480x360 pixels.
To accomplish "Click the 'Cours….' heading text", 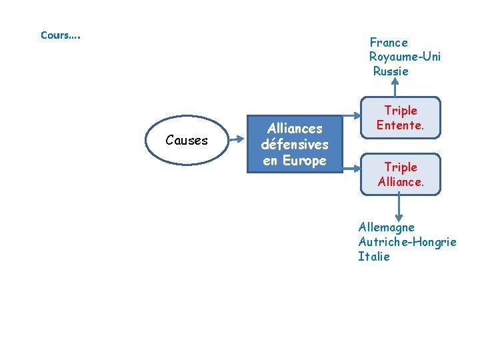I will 60,35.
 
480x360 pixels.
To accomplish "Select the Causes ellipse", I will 187,140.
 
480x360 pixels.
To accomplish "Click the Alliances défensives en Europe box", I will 295,145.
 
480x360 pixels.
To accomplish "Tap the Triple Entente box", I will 401,118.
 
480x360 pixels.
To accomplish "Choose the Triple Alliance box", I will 401,174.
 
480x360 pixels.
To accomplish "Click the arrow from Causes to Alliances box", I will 238,140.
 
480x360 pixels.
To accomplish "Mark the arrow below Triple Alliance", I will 398,207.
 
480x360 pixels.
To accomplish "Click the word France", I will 389,43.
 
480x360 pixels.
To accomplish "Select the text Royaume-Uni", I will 405,57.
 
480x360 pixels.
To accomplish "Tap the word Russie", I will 391,71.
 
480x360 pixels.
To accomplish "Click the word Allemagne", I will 386,227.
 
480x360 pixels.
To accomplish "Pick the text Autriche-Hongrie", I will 407,242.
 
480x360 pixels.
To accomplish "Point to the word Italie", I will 374,257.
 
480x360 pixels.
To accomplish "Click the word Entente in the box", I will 399,125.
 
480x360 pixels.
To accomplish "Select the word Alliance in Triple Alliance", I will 400,181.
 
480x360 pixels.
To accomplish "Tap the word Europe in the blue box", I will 304,161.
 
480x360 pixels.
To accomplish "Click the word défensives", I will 295,145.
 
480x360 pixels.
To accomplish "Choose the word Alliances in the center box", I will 295,129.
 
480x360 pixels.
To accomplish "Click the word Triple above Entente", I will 401,111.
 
